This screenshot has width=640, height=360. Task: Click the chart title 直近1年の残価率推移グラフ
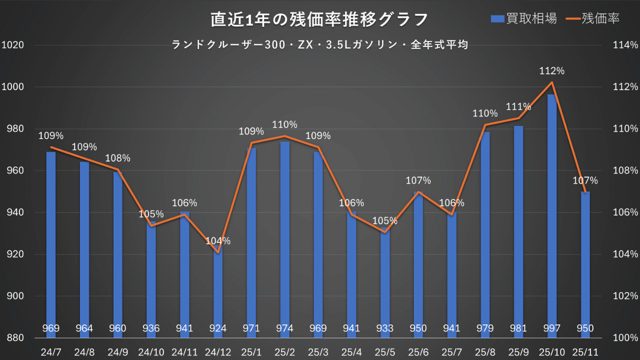coord(319,20)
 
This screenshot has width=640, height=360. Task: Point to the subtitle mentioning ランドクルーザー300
coord(319,45)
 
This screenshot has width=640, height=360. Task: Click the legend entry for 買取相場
coord(523,18)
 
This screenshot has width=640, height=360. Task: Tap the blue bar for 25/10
coord(551,210)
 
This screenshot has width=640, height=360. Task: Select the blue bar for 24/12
coord(218,290)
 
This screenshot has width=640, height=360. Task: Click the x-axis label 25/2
coord(284,352)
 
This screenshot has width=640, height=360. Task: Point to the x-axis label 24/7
coord(51,352)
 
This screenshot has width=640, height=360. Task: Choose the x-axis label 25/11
coord(585,352)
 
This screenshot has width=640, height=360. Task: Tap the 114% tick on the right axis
coord(625,45)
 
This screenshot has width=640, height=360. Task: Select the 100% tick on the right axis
coord(625,338)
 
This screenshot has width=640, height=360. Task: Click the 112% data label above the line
coord(552,71)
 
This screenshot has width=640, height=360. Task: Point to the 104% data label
coord(218,241)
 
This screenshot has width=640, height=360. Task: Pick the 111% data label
coord(518,106)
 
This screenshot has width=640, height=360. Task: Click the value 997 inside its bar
coord(551,328)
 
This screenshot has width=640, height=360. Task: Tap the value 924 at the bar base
coord(218,328)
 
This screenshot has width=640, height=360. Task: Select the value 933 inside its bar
coord(385,328)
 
